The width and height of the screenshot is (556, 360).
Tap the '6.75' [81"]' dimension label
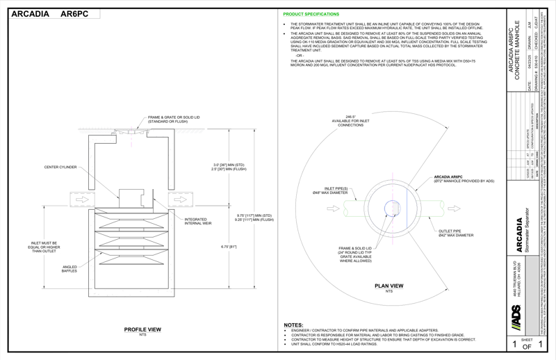pos(228,246)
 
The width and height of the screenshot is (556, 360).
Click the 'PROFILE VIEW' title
pos(142,329)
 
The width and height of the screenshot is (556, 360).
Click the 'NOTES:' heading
pos(293,325)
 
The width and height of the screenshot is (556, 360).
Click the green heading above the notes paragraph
pos(311,15)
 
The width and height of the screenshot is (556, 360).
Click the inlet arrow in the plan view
pos(356,208)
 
